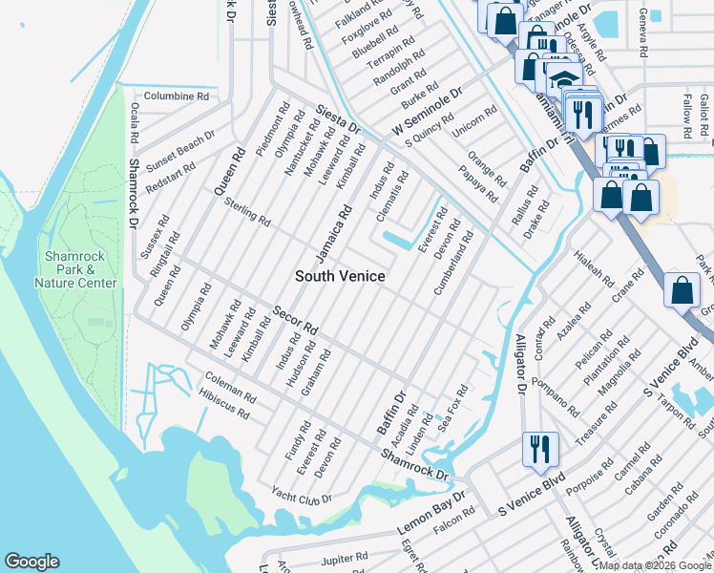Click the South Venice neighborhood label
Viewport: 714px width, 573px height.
tap(340, 276)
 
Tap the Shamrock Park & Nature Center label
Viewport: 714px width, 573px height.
tap(75, 270)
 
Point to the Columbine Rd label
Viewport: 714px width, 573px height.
tap(177, 96)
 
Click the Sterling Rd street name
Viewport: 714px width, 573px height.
tap(247, 212)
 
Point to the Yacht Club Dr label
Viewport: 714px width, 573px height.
tap(301, 497)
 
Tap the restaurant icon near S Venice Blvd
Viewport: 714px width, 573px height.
tap(539, 449)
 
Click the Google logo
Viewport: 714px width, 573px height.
tap(31, 562)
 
